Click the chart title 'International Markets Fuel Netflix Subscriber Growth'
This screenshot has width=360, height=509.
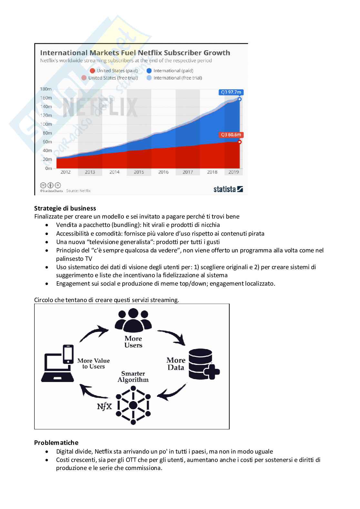pos(135,53)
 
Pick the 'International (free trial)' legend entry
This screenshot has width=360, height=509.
pos(174,78)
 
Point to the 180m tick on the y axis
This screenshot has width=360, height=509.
pos(46,89)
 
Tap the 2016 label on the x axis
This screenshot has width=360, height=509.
pos(163,172)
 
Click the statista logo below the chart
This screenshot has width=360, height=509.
pos(228,189)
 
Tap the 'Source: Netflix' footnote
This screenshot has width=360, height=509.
pos(78,191)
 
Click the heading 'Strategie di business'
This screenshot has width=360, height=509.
pos(65,208)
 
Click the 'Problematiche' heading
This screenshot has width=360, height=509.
pos(56,443)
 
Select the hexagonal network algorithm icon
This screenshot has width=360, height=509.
pos(133,405)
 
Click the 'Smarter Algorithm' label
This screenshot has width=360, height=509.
pos(133,377)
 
